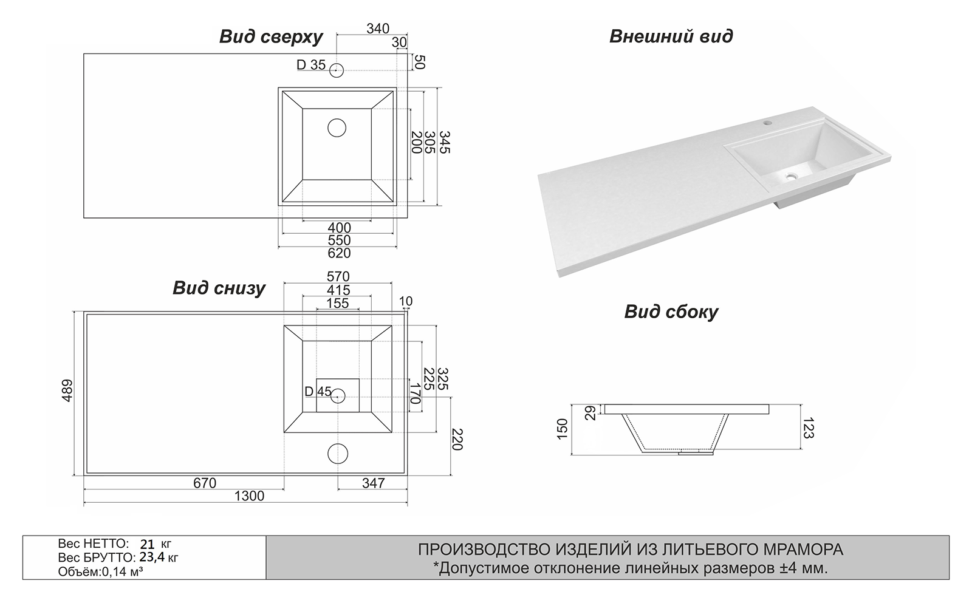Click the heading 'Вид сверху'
(270, 37)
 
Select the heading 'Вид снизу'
(219, 288)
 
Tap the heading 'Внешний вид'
(671, 36)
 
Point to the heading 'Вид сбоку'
(671, 312)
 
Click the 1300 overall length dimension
(249, 496)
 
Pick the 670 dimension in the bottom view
(205, 483)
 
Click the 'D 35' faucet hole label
(311, 65)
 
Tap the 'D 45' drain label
(318, 392)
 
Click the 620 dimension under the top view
(339, 253)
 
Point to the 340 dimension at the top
(378, 29)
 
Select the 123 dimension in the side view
(807, 427)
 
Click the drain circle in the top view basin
(337, 128)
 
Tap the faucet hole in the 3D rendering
(767, 123)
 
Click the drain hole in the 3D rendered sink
(790, 177)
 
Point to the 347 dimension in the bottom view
(373, 483)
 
